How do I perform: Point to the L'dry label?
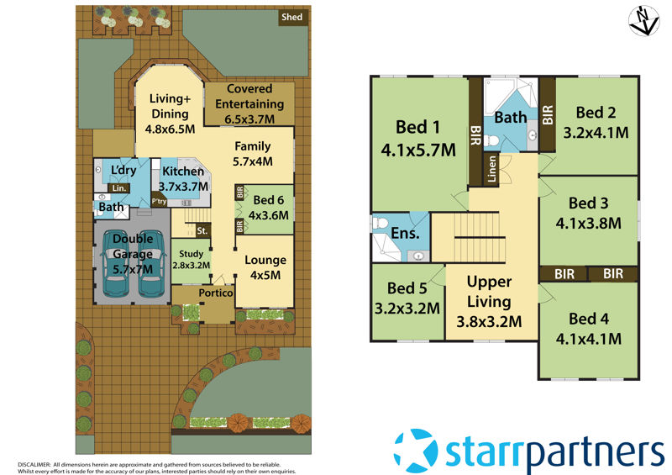(x=123, y=171)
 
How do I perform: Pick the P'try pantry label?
(x=159, y=202)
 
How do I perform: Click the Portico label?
(x=215, y=293)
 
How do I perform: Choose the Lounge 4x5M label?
(x=265, y=267)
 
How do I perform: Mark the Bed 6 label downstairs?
(x=270, y=207)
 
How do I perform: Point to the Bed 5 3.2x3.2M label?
(x=407, y=298)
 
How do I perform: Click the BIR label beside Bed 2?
(x=547, y=113)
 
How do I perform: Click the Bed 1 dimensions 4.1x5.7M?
(x=417, y=150)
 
